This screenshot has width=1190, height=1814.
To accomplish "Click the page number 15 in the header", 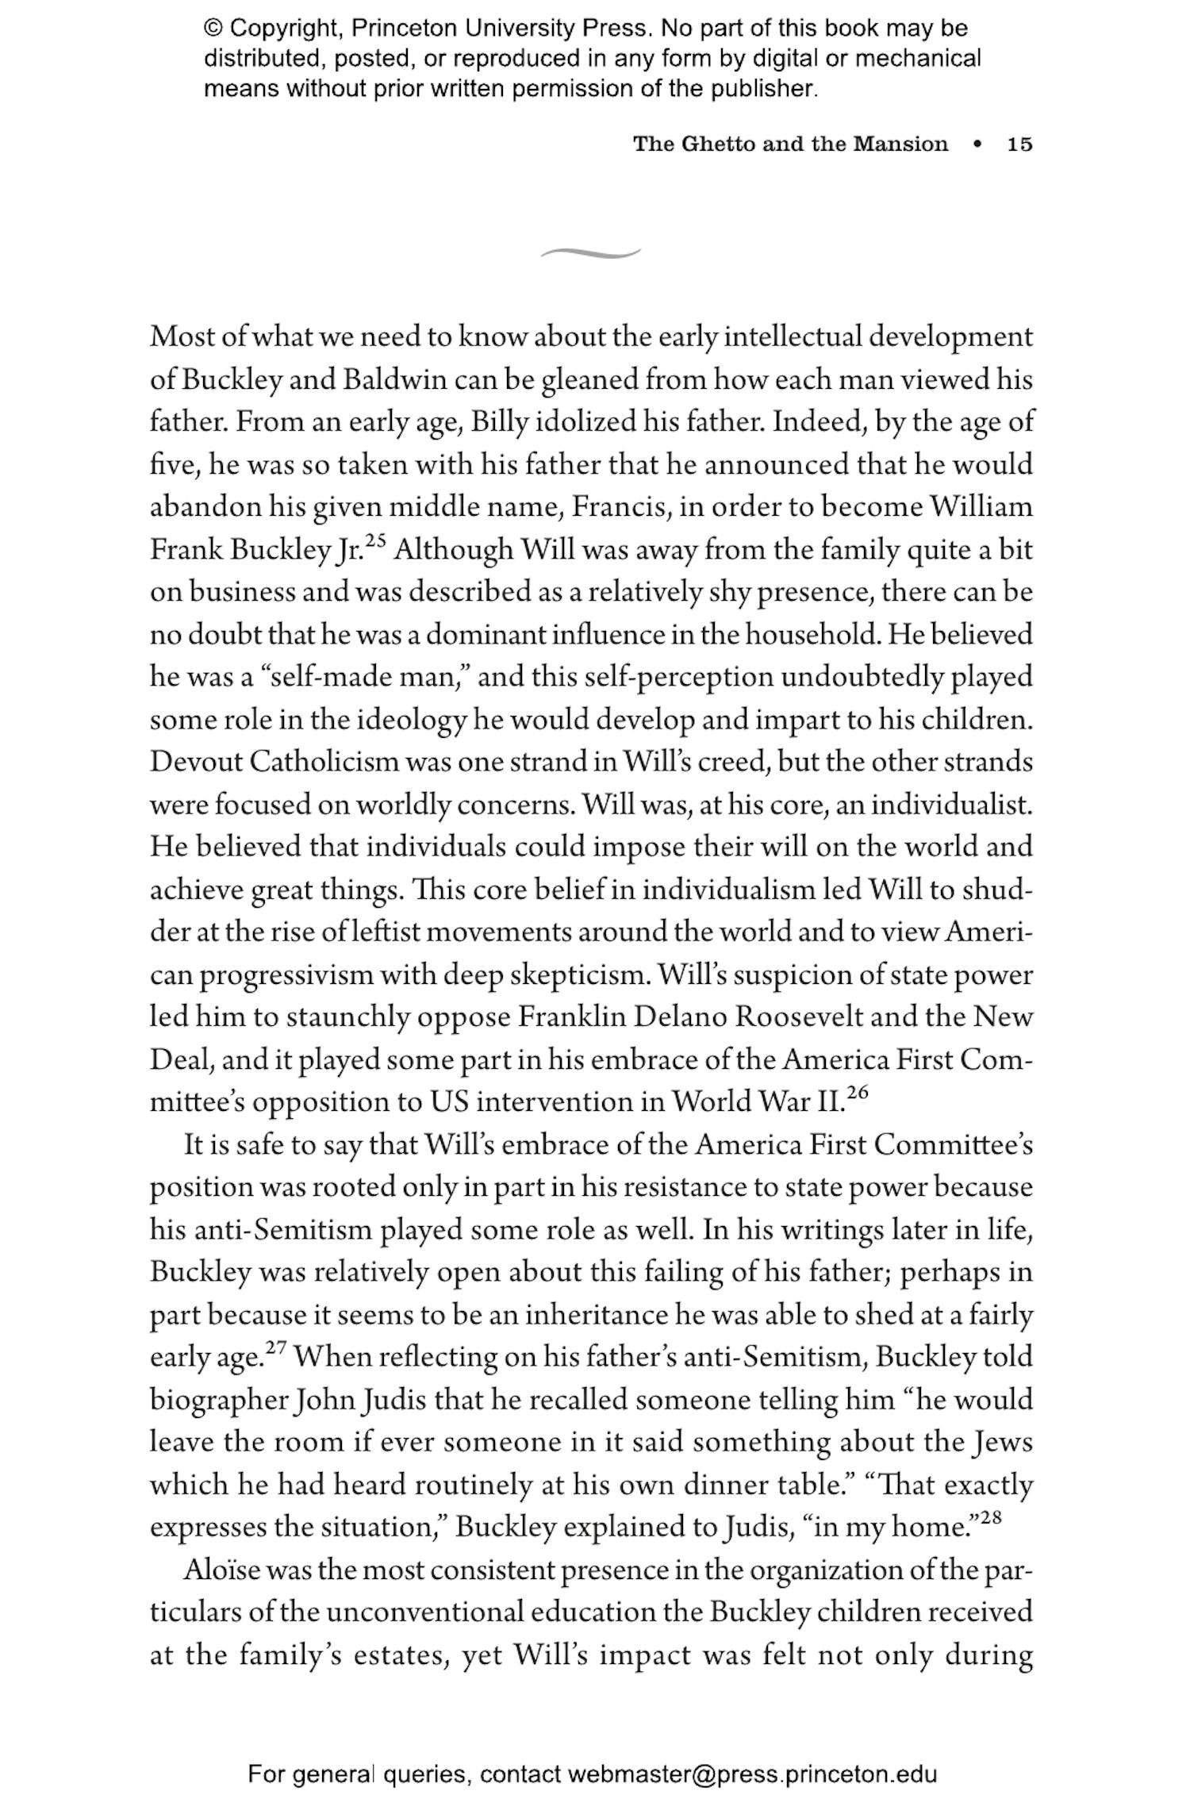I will click(1019, 144).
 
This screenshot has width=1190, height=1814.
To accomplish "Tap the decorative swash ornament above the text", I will click(590, 253).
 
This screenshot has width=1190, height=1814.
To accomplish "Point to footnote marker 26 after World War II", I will click(858, 1093).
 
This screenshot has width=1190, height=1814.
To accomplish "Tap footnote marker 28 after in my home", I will click(991, 1517).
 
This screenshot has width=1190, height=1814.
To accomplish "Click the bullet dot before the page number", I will click(977, 145).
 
